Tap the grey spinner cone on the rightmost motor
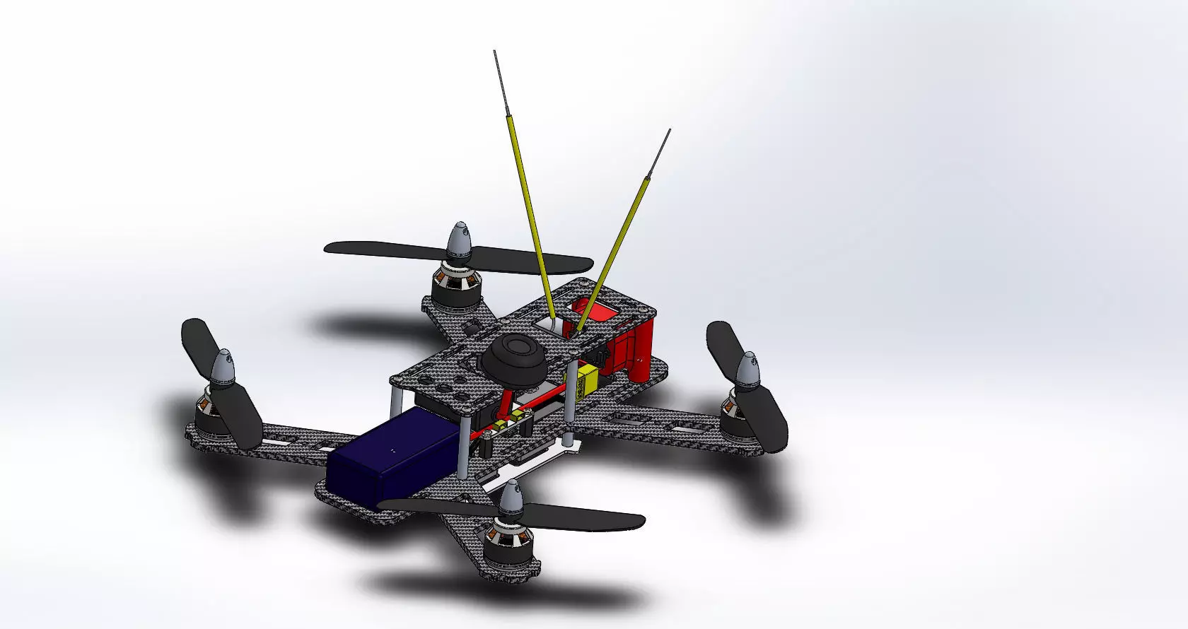click(x=747, y=371)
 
